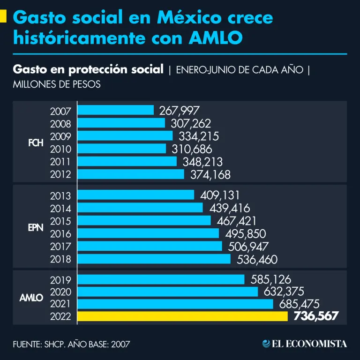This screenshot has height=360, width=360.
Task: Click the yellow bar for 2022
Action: [x=182, y=316]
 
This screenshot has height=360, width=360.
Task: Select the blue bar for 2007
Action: [x=115, y=111]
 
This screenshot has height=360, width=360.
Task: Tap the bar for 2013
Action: [x=135, y=195]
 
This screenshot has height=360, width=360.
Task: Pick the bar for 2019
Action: [x=161, y=279]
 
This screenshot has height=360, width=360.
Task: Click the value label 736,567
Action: [x=315, y=316]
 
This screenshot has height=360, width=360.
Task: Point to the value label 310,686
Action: [x=192, y=149]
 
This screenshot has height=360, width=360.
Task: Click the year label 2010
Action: [x=60, y=149]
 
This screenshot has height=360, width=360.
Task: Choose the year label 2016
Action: [x=60, y=233]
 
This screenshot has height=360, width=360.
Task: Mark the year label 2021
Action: [x=60, y=304]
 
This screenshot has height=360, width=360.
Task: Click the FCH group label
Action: [x=36, y=143]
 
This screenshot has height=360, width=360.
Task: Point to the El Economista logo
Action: [x=305, y=344]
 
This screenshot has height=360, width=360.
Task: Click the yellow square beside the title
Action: [x=3, y=17]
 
